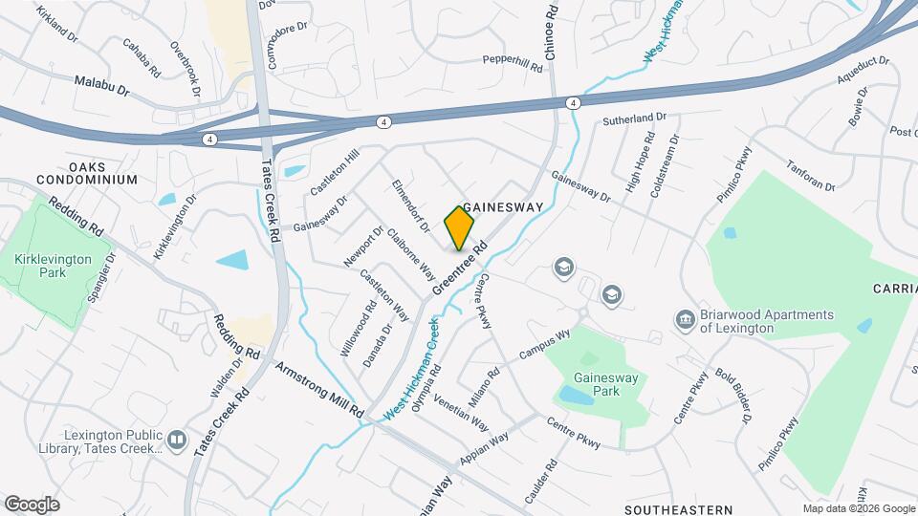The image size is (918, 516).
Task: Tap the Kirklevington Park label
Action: [x=54, y=266]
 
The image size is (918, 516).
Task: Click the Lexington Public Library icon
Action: [x=176, y=440]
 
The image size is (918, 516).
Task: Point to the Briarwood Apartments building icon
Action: [x=685, y=319]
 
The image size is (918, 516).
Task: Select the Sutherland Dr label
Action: [x=634, y=118]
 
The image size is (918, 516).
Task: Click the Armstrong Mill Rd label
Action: [x=318, y=390]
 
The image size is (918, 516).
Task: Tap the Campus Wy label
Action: [x=544, y=344]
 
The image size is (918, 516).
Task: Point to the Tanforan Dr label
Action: [x=810, y=174]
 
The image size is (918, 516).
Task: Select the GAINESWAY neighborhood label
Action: [x=503, y=207]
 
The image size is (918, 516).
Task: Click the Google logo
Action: [x=31, y=505]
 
